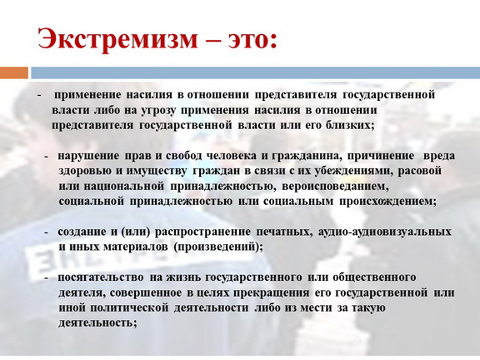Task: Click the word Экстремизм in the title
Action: coord(117,39)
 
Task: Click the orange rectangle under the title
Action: coord(14,72)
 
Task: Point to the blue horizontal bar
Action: coord(255,72)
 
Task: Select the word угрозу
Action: coord(158,111)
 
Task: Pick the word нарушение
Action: coord(88,156)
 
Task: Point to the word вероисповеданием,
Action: coord(335,187)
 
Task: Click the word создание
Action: coord(82,232)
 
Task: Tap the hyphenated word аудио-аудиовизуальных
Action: coord(385,232)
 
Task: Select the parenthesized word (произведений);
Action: coord(218,247)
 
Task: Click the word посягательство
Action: coord(101,277)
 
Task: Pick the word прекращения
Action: coord(271,293)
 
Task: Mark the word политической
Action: coord(129,307)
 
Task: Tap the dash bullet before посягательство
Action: coord(46,278)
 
